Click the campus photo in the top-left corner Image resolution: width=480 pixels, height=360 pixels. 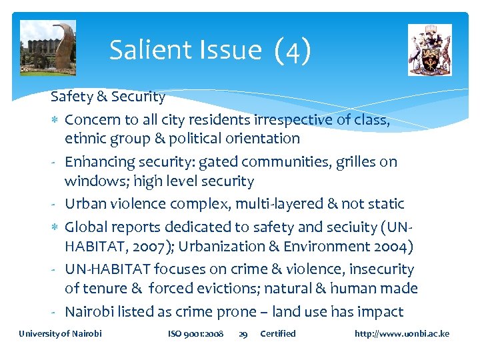coord(48,47)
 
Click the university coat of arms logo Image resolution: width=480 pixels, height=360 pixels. coord(429,50)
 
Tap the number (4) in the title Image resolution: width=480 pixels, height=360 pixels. coord(292,51)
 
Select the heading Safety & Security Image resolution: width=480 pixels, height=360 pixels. coord(108,97)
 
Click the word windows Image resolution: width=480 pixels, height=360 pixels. coord(93,181)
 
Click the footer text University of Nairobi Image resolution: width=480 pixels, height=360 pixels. coord(60,333)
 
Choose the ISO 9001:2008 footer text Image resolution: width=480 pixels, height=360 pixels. coord(196,333)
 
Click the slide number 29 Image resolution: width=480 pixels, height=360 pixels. coord(243,334)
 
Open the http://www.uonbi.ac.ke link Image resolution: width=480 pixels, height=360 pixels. coord(402,333)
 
